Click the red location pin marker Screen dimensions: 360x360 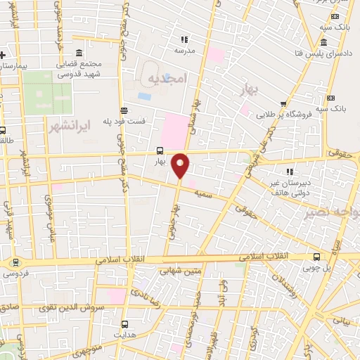181,165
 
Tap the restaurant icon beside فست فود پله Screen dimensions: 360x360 124,109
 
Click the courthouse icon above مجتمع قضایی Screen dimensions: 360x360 78,53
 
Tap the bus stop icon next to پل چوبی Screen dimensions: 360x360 316,257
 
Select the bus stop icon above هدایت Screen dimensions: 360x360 125,324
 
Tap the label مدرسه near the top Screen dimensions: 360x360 184,51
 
